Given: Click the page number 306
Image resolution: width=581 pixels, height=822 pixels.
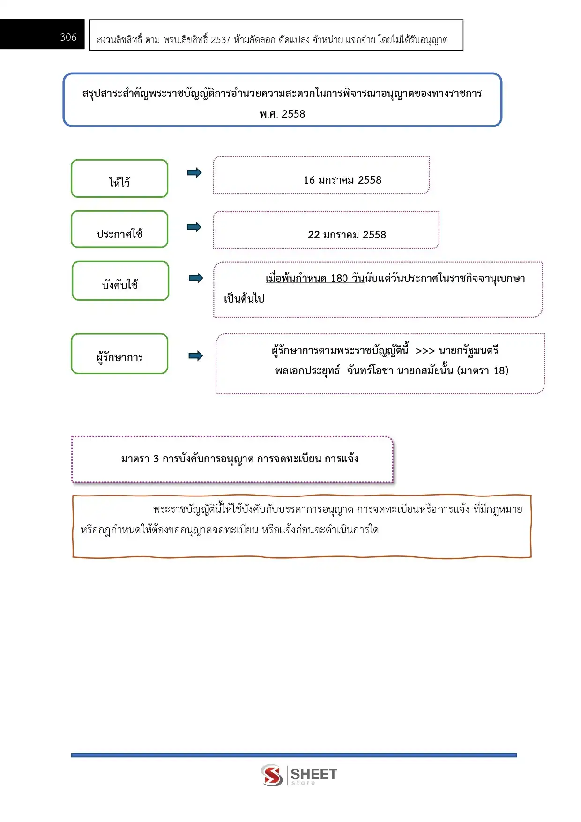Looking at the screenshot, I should coord(68,37).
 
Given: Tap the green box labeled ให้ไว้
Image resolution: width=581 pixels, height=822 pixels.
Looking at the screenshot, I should coord(119,179).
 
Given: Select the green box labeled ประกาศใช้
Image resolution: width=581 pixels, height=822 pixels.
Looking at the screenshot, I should coord(119,230).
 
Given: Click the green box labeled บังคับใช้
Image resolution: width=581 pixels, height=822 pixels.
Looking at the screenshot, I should coord(120,281).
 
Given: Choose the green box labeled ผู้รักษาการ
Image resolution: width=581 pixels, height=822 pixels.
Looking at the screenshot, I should coord(119,354).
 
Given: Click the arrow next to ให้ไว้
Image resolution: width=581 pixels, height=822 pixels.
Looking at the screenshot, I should coord(194,173).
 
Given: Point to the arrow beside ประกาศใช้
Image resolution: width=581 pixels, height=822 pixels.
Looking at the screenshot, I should coord(194,227).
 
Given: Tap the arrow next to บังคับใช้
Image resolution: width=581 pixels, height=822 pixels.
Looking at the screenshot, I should coord(196,278).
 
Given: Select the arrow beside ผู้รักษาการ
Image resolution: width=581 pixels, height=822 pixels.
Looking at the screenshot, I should coord(195,356).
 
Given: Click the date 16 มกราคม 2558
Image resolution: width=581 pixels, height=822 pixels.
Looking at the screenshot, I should coord(342,180).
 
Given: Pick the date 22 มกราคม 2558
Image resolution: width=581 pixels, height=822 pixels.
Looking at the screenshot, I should coord(347,235).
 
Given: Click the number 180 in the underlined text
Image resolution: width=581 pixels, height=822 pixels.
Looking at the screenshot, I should coord(339,279).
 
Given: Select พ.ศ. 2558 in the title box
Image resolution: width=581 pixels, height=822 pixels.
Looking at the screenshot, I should coord(282,114).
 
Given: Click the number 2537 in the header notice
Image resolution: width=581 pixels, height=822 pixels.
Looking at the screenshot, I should coord(220,40).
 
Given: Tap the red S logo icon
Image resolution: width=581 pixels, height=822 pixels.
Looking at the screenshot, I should coord(272,775).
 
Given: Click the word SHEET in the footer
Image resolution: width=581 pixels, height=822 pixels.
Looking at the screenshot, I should coord(313,774).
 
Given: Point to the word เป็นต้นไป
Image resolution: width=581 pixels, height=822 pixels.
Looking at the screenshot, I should coord(244,299).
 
